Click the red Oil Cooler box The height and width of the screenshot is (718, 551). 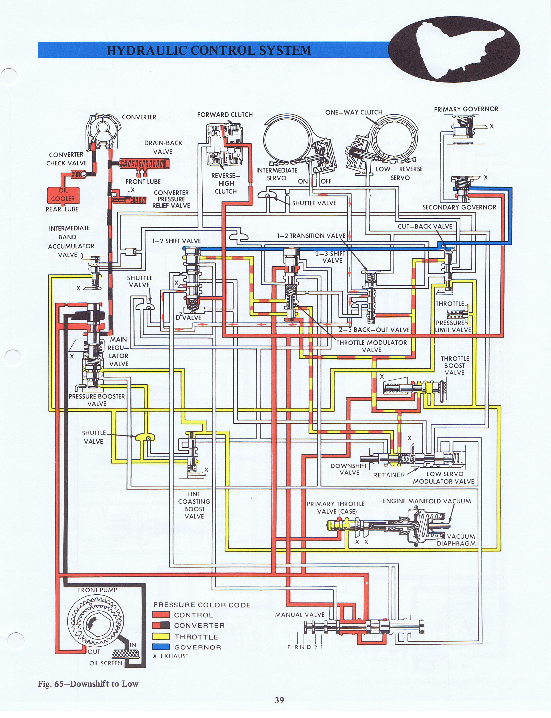pos(63,195)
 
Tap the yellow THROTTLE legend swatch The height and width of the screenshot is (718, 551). pos(161,637)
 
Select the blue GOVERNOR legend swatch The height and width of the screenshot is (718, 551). pos(161,647)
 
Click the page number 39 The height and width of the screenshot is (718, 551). pos(279,700)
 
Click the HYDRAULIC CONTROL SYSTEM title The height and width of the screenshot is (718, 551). pos(209,50)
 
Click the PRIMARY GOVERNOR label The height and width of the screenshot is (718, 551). pos(466,109)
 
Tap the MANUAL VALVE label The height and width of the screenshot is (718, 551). pos(299,615)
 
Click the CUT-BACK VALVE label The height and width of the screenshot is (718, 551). pos(425,226)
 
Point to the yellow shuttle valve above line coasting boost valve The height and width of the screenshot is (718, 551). pos(145,437)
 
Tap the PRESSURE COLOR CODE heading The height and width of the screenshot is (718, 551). pos(202,605)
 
